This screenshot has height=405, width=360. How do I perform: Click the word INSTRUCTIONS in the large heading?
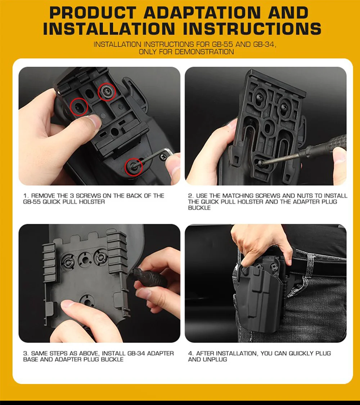tap(252, 28)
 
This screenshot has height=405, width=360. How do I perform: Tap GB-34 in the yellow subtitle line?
tap(265, 44)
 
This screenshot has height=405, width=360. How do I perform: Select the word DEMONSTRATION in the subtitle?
tap(204, 52)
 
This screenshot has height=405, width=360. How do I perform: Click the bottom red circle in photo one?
tap(134, 166)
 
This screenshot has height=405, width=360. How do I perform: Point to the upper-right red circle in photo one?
tap(107, 92)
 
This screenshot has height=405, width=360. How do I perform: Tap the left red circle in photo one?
tap(79, 107)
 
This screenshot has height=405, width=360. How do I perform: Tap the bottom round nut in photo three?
tap(86, 301)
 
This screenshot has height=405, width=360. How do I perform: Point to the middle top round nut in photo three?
tap(84, 258)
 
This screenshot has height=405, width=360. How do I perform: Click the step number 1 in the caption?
tap(25, 196)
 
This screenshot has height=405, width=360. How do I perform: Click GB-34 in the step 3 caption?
tap(136, 353)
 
